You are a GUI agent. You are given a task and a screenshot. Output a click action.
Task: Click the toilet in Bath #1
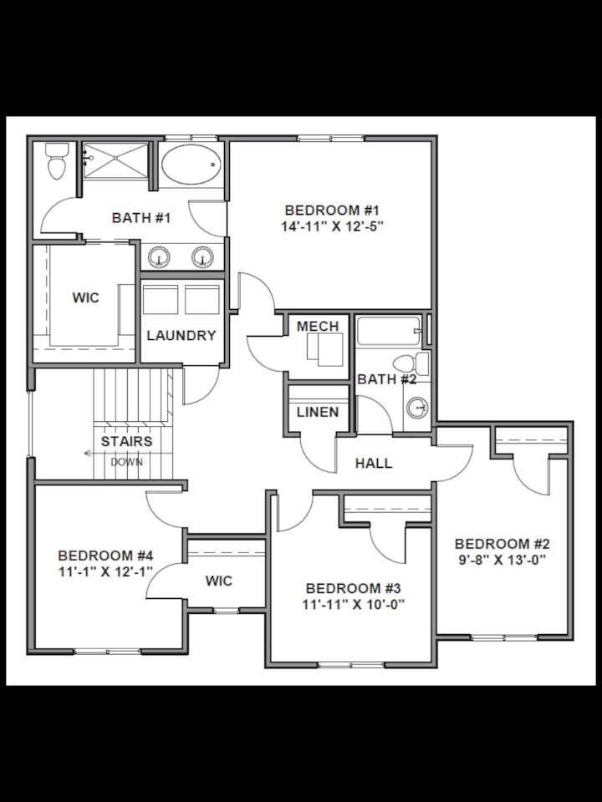(x=57, y=162)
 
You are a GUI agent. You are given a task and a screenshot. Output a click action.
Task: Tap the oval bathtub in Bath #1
(x=191, y=165)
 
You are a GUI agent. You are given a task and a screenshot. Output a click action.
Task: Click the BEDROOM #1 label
(x=333, y=210)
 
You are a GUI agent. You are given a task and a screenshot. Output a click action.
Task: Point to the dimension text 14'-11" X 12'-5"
(x=334, y=226)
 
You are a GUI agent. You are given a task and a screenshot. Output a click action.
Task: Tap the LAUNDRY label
(x=181, y=336)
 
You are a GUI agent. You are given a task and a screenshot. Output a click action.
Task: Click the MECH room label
(x=318, y=326)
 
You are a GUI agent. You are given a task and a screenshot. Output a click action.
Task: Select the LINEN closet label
(x=318, y=412)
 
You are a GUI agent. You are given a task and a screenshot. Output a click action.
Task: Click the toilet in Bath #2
(x=409, y=364)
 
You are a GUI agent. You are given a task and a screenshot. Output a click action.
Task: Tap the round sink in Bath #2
(x=417, y=408)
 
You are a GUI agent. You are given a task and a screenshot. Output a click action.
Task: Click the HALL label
(x=374, y=463)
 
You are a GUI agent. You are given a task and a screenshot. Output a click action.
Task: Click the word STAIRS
(x=126, y=441)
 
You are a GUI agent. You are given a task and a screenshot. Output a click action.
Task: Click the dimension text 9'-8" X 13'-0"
(x=503, y=560)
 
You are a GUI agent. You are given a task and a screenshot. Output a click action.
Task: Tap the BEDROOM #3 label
(x=355, y=588)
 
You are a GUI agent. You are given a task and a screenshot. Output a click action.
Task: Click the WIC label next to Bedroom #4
(x=219, y=581)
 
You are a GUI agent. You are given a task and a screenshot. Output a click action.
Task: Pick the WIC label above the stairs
(x=85, y=298)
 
